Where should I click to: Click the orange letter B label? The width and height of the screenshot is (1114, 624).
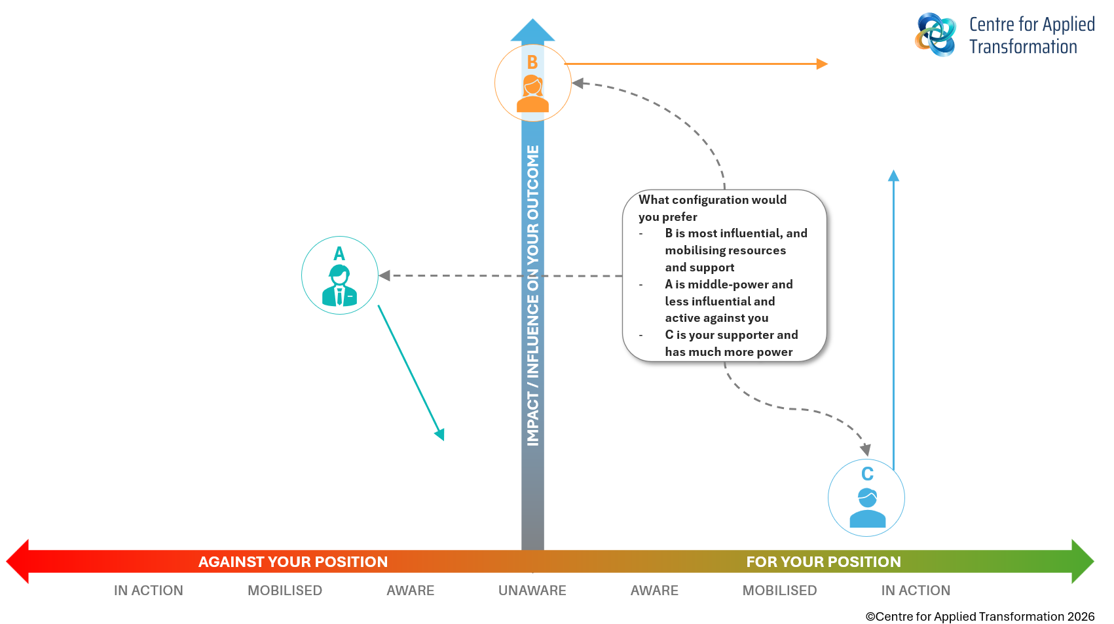pyautogui.click(x=532, y=62)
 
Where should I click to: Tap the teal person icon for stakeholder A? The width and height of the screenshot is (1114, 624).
pyautogui.click(x=339, y=286)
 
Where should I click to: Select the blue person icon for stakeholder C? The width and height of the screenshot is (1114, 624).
pyautogui.click(x=867, y=508)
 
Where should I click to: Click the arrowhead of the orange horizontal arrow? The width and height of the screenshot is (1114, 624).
pyautogui.click(x=823, y=64)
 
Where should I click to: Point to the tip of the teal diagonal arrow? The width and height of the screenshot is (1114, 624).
pyautogui.click(x=441, y=435)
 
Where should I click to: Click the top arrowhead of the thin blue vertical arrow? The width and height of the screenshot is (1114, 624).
pyautogui.click(x=893, y=176)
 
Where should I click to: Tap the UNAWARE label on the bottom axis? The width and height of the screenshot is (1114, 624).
pyautogui.click(x=532, y=591)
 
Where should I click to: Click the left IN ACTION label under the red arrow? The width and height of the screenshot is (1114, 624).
pyautogui.click(x=148, y=591)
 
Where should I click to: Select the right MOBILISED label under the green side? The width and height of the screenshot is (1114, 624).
pyautogui.click(x=779, y=591)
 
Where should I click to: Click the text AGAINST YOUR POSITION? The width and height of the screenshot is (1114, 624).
pyautogui.click(x=293, y=562)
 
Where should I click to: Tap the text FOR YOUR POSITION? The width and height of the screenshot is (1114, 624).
pyautogui.click(x=823, y=562)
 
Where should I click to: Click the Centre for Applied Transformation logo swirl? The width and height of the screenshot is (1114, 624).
pyautogui.click(x=935, y=34)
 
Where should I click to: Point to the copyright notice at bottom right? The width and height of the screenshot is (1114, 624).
pyautogui.click(x=980, y=616)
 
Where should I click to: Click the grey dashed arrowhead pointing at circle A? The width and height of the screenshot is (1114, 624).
pyautogui.click(x=384, y=275)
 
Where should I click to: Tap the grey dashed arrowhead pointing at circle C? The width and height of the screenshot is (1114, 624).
pyautogui.click(x=865, y=450)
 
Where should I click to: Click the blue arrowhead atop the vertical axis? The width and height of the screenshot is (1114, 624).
pyautogui.click(x=532, y=31)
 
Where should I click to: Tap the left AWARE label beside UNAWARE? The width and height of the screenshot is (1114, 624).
pyautogui.click(x=410, y=591)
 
